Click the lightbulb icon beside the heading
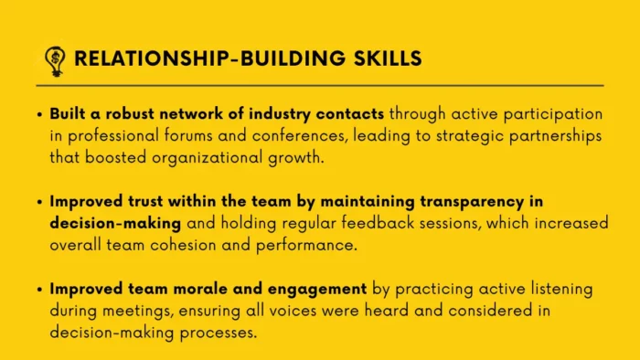tap(54, 59)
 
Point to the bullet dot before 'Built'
tap(39, 116)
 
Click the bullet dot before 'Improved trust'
tap(39, 202)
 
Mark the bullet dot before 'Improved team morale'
tap(39, 290)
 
